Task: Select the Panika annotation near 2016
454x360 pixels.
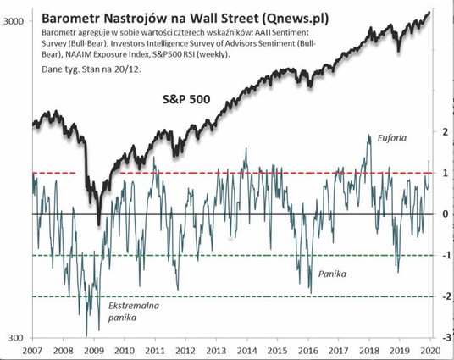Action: (x=332, y=275)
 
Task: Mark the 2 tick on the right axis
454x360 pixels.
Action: (x=444, y=131)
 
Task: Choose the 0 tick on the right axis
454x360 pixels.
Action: (x=444, y=214)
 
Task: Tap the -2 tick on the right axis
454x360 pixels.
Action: (x=443, y=296)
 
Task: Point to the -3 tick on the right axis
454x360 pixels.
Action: (x=443, y=338)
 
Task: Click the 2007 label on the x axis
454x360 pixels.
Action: (x=33, y=349)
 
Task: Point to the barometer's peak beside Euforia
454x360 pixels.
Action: (x=369, y=136)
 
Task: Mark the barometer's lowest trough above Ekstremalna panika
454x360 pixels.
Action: (x=86, y=335)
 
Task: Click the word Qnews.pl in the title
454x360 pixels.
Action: (x=287, y=16)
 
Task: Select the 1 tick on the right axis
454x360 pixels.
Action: (x=444, y=173)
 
